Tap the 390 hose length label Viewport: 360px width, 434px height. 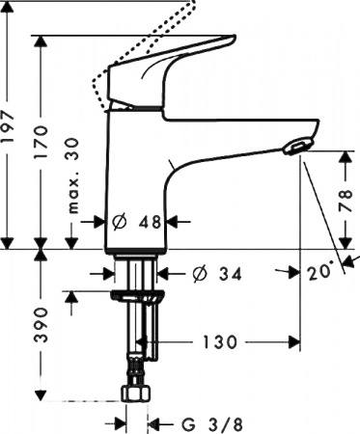pos(42,328)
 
